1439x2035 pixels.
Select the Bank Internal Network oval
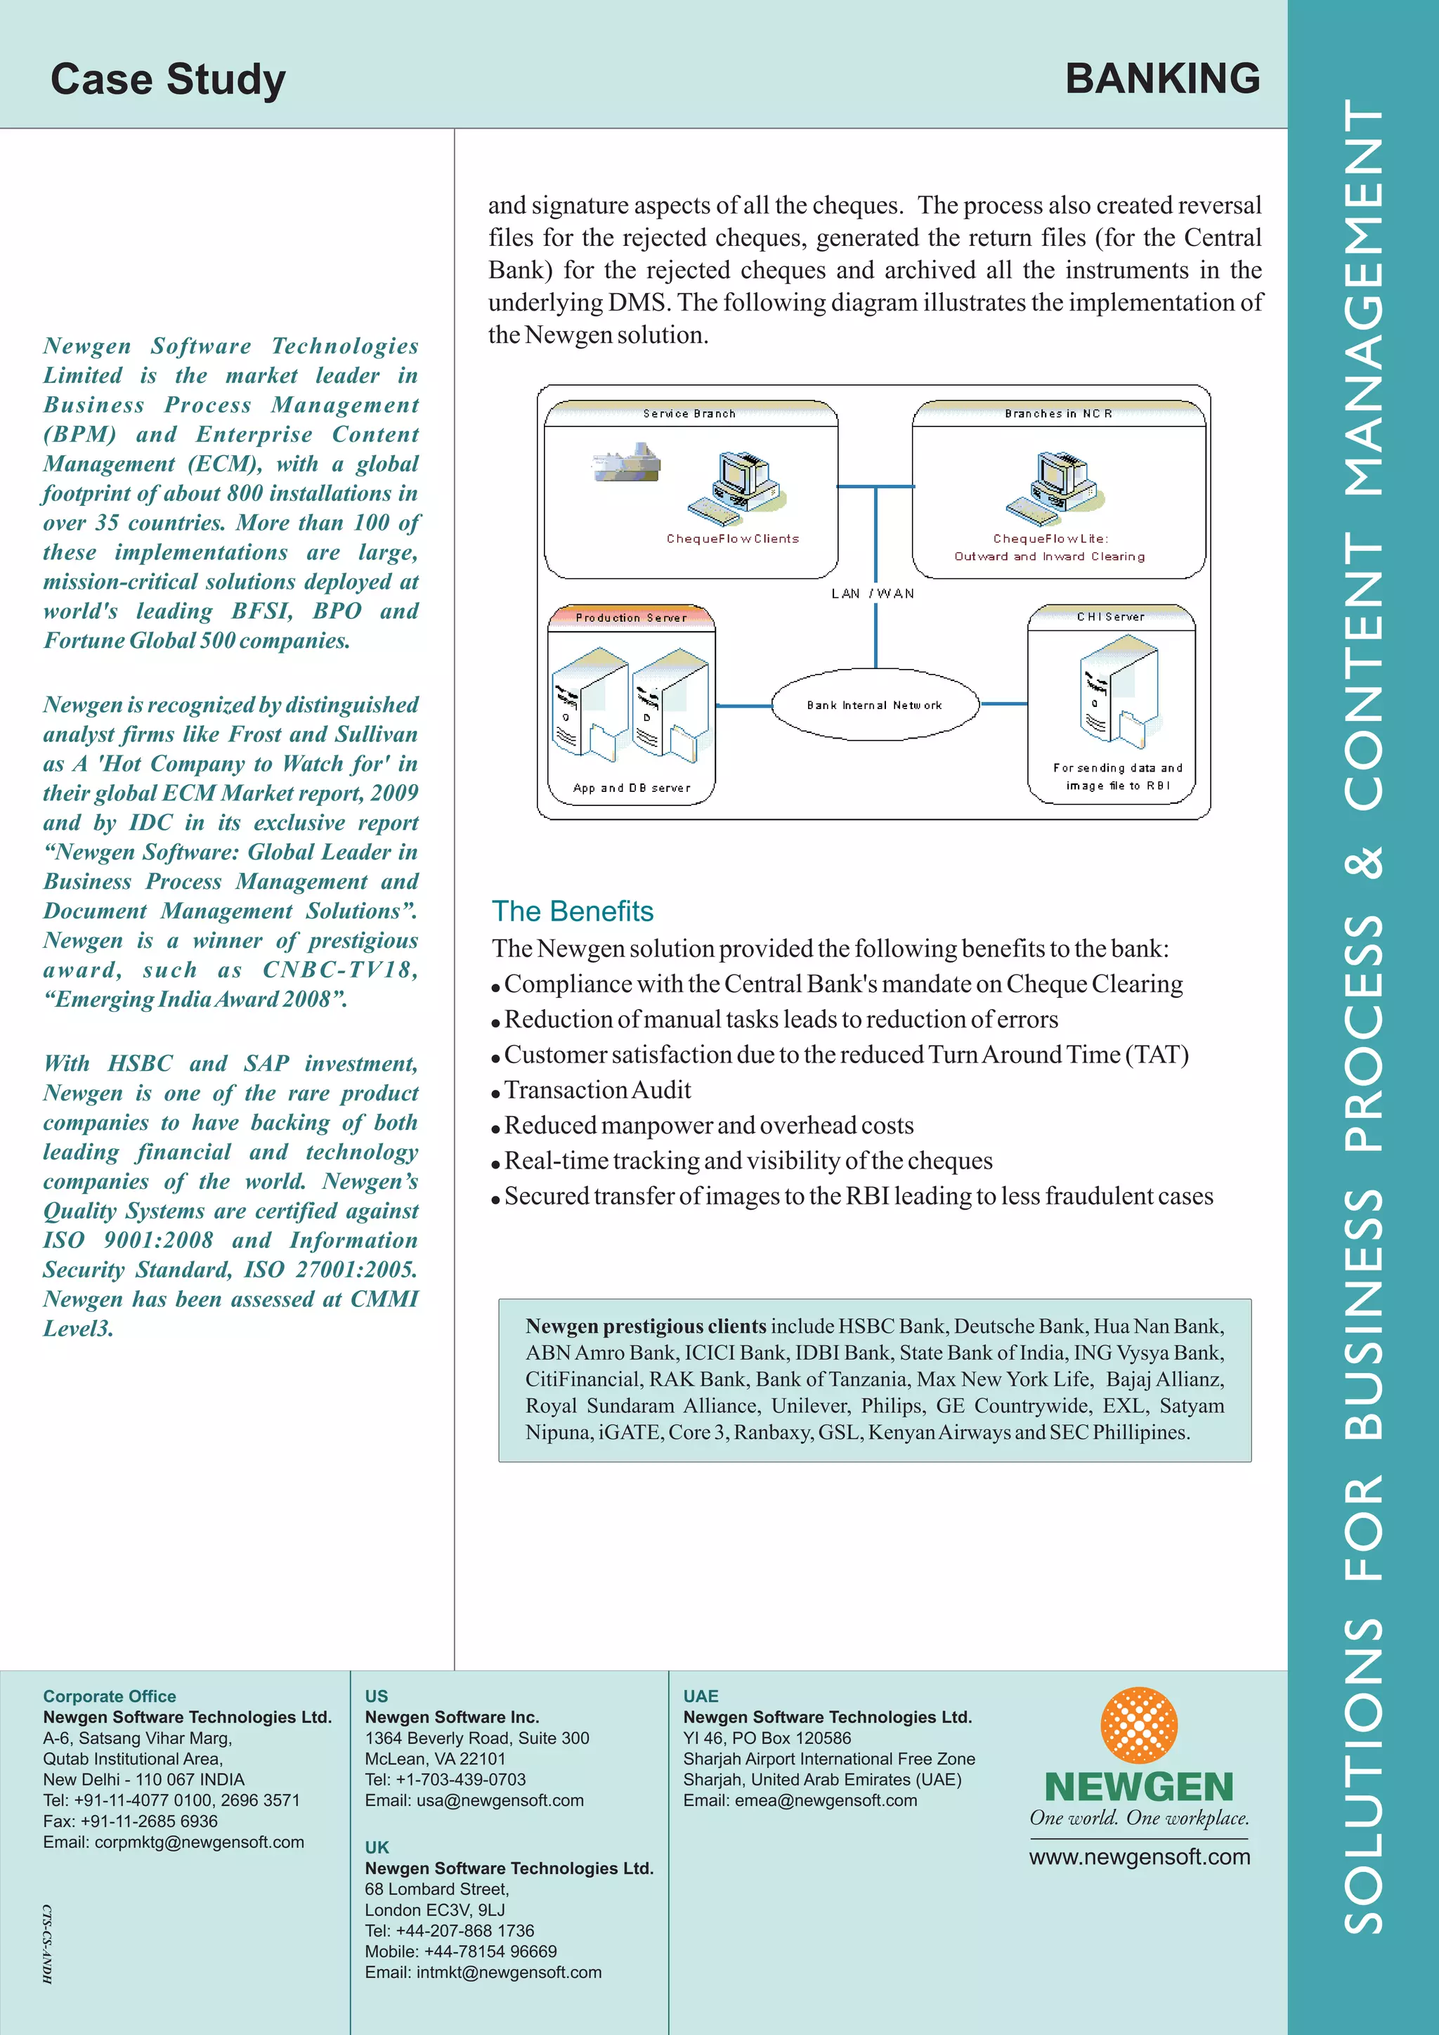875,705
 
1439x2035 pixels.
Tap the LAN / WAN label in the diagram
873,594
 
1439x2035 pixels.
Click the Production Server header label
631,618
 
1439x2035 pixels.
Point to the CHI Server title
1110,617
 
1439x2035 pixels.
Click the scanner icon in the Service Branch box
627,461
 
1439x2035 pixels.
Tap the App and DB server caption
631,788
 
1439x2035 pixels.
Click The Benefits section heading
573,911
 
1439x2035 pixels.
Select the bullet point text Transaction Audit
597,1090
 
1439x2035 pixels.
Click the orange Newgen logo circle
1138,1725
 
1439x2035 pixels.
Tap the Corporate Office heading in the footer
110,1696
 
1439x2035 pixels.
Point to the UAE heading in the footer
700,1696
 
